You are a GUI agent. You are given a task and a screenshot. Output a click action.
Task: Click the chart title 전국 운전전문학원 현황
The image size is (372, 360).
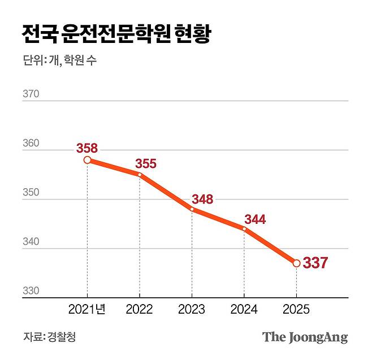pyautogui.click(x=116, y=34)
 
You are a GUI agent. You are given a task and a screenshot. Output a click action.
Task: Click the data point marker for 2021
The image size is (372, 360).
pyautogui.click(x=87, y=160)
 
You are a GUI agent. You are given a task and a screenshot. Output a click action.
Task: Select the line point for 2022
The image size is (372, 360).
pyautogui.click(x=140, y=175)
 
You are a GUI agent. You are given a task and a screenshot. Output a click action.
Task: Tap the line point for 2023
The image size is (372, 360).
pyautogui.click(x=192, y=209)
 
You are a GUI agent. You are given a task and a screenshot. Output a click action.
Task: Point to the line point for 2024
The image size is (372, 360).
pyautogui.click(x=244, y=229)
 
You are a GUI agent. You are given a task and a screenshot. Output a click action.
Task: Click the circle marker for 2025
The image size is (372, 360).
pyautogui.click(x=296, y=263)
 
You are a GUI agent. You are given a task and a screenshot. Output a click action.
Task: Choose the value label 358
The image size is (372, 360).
pyautogui.click(x=87, y=149)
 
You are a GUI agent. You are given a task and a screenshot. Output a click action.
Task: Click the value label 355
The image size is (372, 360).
pyautogui.click(x=145, y=164)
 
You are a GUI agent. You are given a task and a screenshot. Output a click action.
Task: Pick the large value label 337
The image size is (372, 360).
pyautogui.click(x=315, y=263)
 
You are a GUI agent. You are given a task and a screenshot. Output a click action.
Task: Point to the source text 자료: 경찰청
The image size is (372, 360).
pyautogui.click(x=49, y=337)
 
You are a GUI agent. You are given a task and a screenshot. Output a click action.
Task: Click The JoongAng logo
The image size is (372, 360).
pyautogui.click(x=305, y=337)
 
